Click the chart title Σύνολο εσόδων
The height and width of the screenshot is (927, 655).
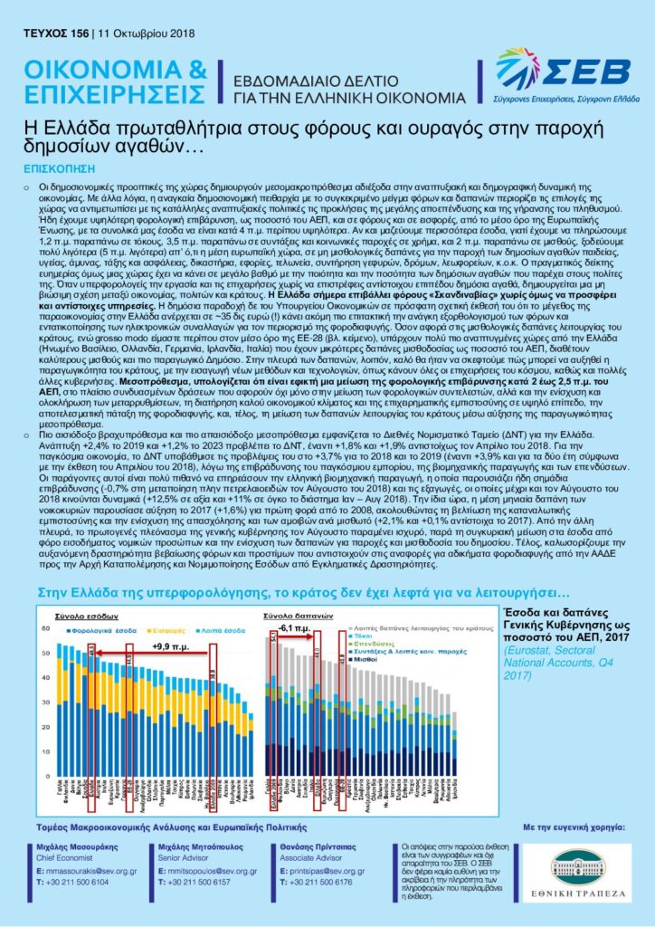pos(71,615)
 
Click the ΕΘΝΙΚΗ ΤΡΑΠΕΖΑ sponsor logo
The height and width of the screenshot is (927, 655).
pos(576,874)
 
